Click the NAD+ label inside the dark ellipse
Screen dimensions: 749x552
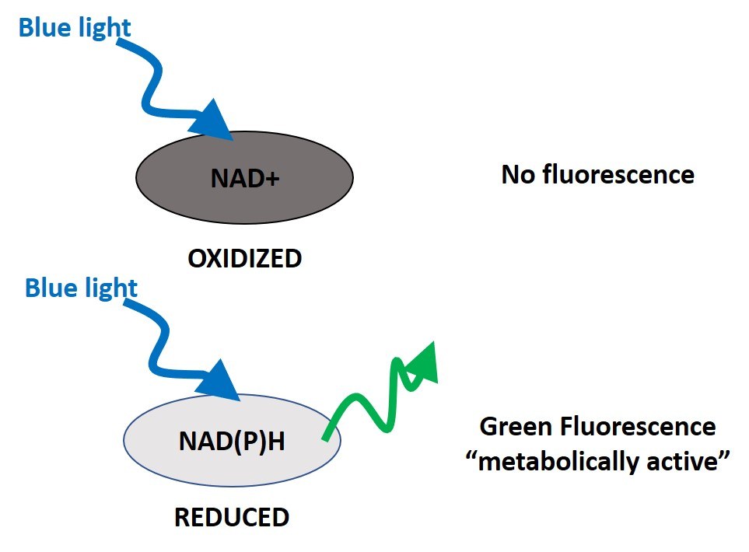pos(244,178)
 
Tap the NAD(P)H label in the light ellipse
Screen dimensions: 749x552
pos(232,441)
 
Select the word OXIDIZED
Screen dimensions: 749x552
pos(244,258)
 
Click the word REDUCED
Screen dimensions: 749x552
pos(232,517)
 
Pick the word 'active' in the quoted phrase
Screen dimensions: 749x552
pos(688,462)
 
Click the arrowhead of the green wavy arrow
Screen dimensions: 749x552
pos(422,364)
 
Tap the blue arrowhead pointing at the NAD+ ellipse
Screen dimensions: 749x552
pos(212,121)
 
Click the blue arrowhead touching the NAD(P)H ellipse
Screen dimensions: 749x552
pos(219,381)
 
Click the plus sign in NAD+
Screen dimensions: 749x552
pos(273,180)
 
